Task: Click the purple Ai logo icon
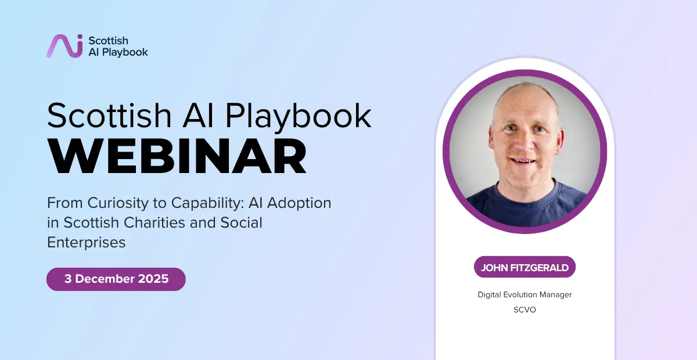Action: (x=64, y=46)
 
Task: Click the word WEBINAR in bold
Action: (x=177, y=157)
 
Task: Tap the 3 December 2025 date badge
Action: (x=116, y=279)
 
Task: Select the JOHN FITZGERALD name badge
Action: (x=524, y=267)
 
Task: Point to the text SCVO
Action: (x=524, y=310)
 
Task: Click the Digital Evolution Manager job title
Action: (x=524, y=294)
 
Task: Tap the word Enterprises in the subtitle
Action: (x=86, y=242)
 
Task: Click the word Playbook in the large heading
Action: (x=298, y=116)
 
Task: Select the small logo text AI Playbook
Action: (x=118, y=52)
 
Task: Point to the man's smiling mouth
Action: (x=523, y=161)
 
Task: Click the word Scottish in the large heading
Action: (x=109, y=116)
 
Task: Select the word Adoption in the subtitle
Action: (x=299, y=203)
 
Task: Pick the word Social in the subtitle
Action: (x=242, y=223)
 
